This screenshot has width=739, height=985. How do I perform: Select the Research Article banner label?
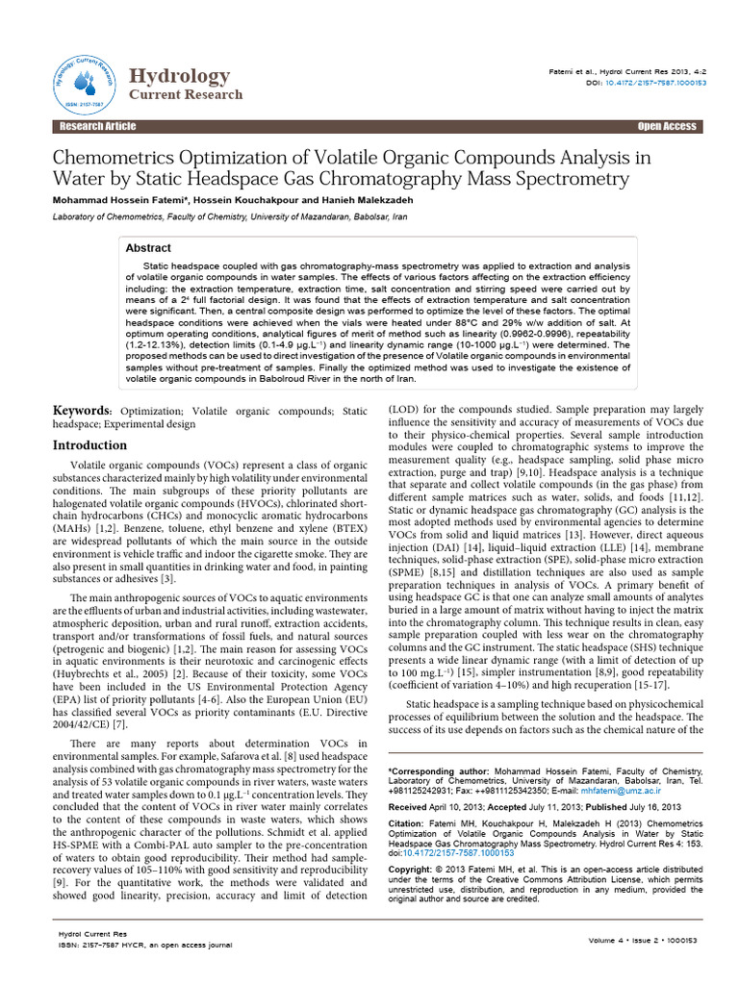click(97, 127)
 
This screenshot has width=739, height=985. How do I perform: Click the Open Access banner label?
click(666, 127)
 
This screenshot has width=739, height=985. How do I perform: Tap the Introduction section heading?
click(89, 445)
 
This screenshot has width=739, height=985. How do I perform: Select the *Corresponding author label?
click(438, 771)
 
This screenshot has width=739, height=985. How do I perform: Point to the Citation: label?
click(408, 823)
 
